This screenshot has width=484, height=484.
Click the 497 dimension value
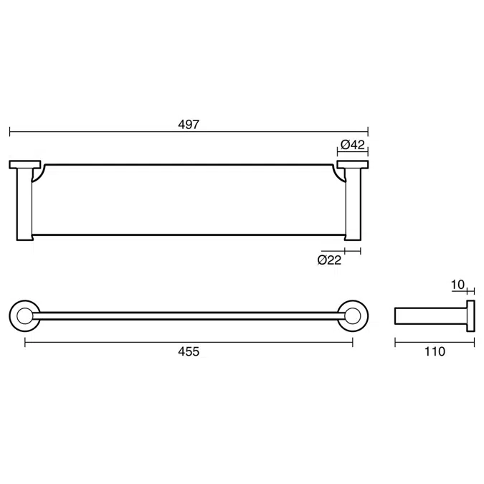click(189, 124)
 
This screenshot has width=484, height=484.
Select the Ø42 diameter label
click(352, 144)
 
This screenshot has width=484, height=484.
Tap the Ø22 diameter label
click(329, 260)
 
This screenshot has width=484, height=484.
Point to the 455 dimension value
click(189, 351)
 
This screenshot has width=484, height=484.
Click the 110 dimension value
click(435, 351)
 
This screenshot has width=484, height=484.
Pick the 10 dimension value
click(457, 285)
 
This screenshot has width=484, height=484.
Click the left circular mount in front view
click(25, 315)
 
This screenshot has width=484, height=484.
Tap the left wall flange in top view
click(25, 165)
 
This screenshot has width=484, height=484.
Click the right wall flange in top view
click(352, 165)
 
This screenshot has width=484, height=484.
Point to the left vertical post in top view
click(24, 204)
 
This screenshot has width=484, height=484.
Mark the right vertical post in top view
click(353, 204)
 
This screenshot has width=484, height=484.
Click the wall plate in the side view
click(470, 316)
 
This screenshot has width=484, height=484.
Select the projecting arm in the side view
click(431, 316)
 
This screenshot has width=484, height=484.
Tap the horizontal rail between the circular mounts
click(189, 315)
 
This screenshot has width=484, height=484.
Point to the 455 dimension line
click(108, 343)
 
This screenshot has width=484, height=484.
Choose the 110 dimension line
click(435, 343)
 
